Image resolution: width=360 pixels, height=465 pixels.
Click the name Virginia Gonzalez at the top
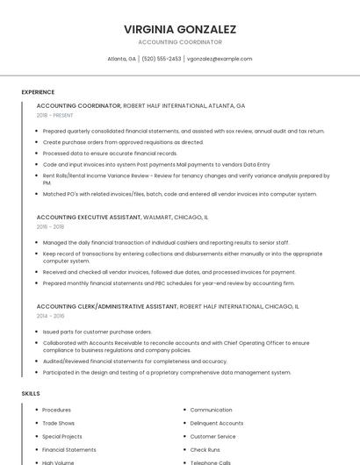point(180,29)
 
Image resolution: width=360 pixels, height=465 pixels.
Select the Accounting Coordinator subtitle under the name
point(180,42)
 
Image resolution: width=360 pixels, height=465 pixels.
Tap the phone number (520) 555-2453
point(162,59)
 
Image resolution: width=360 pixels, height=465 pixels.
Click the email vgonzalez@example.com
point(220,59)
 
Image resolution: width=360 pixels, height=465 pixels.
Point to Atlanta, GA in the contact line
point(121,59)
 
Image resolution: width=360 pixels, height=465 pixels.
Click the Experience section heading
point(38,92)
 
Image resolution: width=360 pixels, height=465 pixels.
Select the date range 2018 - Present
point(54,115)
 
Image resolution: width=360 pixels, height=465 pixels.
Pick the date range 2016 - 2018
point(50,226)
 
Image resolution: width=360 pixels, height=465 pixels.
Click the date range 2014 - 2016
point(50,316)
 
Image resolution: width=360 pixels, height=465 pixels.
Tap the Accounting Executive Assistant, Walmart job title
point(122,217)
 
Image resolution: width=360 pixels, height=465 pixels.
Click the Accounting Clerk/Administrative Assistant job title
point(168,307)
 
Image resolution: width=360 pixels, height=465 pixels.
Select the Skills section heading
point(31,394)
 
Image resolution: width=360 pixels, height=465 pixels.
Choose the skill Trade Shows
point(59,423)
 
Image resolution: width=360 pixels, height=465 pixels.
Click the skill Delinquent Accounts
point(217,423)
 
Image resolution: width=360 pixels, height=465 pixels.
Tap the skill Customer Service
point(212,436)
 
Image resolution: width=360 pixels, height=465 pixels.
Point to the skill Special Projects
point(62,436)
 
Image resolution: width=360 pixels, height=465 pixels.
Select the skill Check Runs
point(205,449)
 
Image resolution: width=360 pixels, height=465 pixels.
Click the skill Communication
point(211,410)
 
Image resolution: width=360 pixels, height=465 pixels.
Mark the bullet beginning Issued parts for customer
point(97,332)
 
